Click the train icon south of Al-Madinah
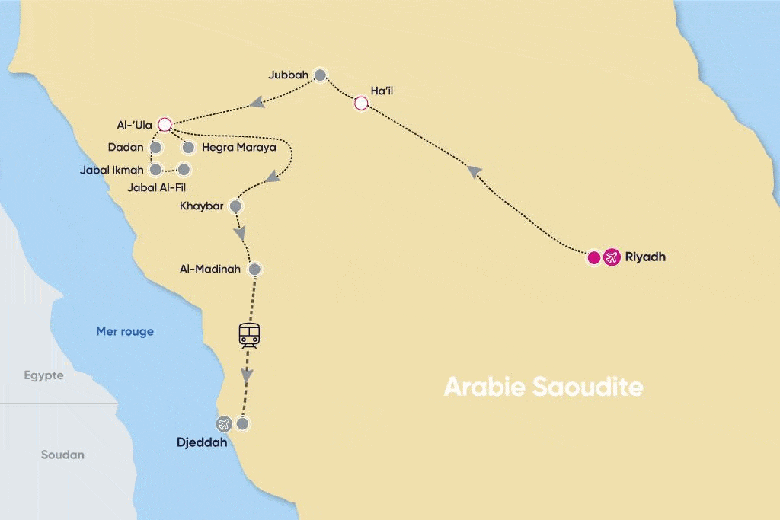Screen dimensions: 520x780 point(249,335)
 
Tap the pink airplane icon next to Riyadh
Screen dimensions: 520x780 point(611,257)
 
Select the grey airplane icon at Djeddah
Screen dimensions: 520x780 point(224,424)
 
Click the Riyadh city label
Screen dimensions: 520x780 point(644,257)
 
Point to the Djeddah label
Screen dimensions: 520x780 point(202,442)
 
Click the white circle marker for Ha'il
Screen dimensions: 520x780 point(362,103)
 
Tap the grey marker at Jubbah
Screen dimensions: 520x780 point(321,75)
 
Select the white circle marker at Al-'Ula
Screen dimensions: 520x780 point(164,123)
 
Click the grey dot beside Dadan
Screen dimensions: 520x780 point(156,147)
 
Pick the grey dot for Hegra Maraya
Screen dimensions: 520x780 point(187,147)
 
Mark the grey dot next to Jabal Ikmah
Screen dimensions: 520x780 point(156,170)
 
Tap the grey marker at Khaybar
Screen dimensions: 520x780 point(236,206)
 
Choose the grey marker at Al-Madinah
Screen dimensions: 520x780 point(254,269)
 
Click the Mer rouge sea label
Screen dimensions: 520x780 point(125,331)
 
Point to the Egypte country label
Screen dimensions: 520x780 point(43,375)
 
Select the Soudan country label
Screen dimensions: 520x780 point(62,455)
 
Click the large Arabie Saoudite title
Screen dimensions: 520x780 point(543,387)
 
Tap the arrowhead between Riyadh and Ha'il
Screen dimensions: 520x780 point(474,173)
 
